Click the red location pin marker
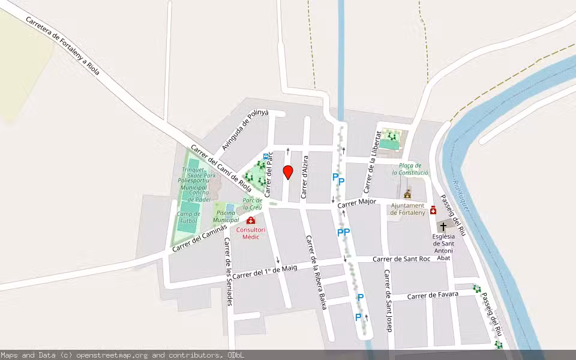pos(287,172)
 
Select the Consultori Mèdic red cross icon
pos(251,221)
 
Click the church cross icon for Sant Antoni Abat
pos(443,227)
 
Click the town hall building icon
pos(408,194)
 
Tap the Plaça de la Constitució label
pos(410,169)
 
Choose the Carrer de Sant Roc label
pos(401,259)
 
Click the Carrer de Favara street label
pos(433,295)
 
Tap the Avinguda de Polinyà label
pos(245,130)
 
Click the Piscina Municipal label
pos(226,217)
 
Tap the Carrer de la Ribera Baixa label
pos(316,272)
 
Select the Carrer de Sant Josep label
pos(388,301)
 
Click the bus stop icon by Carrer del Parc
pos(266,156)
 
